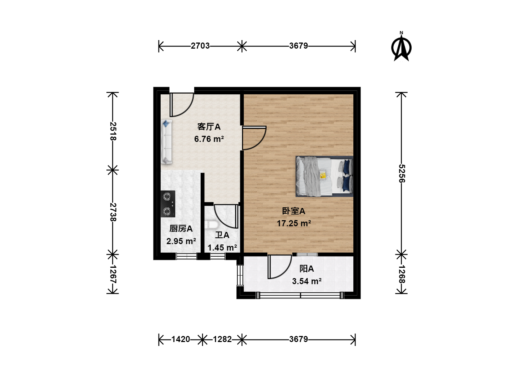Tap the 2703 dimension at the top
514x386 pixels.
200,46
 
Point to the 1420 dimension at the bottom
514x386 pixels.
181,339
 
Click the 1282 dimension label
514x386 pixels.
222,339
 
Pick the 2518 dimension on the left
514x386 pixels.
113,131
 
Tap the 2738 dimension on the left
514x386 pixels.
113,212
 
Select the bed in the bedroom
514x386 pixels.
324,176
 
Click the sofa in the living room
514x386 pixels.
166,142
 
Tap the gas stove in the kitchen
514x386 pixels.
168,204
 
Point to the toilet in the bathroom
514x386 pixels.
211,225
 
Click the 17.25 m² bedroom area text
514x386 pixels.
294,223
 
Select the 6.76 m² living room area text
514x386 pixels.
209,139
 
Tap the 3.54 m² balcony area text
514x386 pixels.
307,281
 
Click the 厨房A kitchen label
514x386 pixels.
181,228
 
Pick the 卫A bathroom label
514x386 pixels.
222,235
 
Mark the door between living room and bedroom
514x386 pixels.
254,138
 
